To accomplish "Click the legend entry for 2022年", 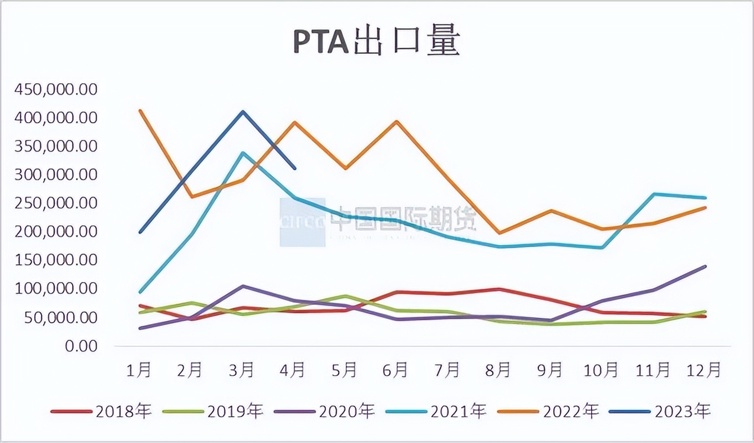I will click(549, 411).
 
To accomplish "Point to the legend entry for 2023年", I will click(660, 411).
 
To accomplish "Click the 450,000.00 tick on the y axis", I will click(57, 89).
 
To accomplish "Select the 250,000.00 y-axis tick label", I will click(57, 203).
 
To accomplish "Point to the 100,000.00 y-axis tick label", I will click(57, 289).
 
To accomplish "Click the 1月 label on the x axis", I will click(140, 370).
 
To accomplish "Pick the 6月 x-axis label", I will click(396, 370).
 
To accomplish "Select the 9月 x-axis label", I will click(549, 370).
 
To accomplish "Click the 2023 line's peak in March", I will click(242, 112).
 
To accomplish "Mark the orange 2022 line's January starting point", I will click(140, 110).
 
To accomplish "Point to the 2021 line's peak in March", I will click(243, 153).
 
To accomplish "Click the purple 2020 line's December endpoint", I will click(705, 266).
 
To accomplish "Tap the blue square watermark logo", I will click(302, 222).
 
